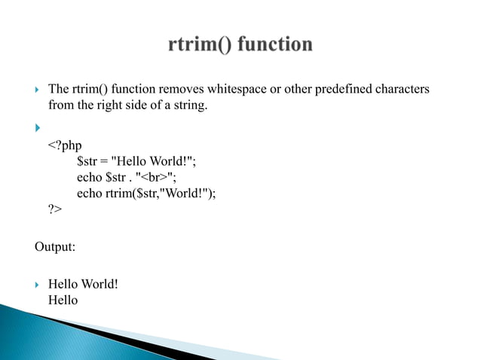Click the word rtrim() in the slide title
click(x=201, y=45)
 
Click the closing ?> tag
click(x=55, y=209)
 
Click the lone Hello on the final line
click(x=63, y=300)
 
